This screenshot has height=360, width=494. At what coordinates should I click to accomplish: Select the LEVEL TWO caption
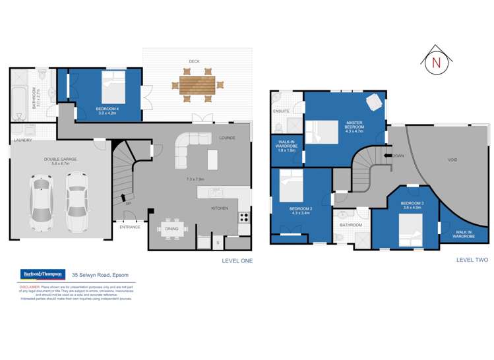(472, 260)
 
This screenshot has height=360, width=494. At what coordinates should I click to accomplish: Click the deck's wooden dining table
(197, 85)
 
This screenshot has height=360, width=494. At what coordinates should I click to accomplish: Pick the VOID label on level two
(452, 160)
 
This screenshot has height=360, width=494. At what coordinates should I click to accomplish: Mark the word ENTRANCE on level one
(130, 227)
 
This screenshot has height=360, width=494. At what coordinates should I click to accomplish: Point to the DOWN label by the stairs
(398, 156)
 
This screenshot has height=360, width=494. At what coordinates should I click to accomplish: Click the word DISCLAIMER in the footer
(29, 287)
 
